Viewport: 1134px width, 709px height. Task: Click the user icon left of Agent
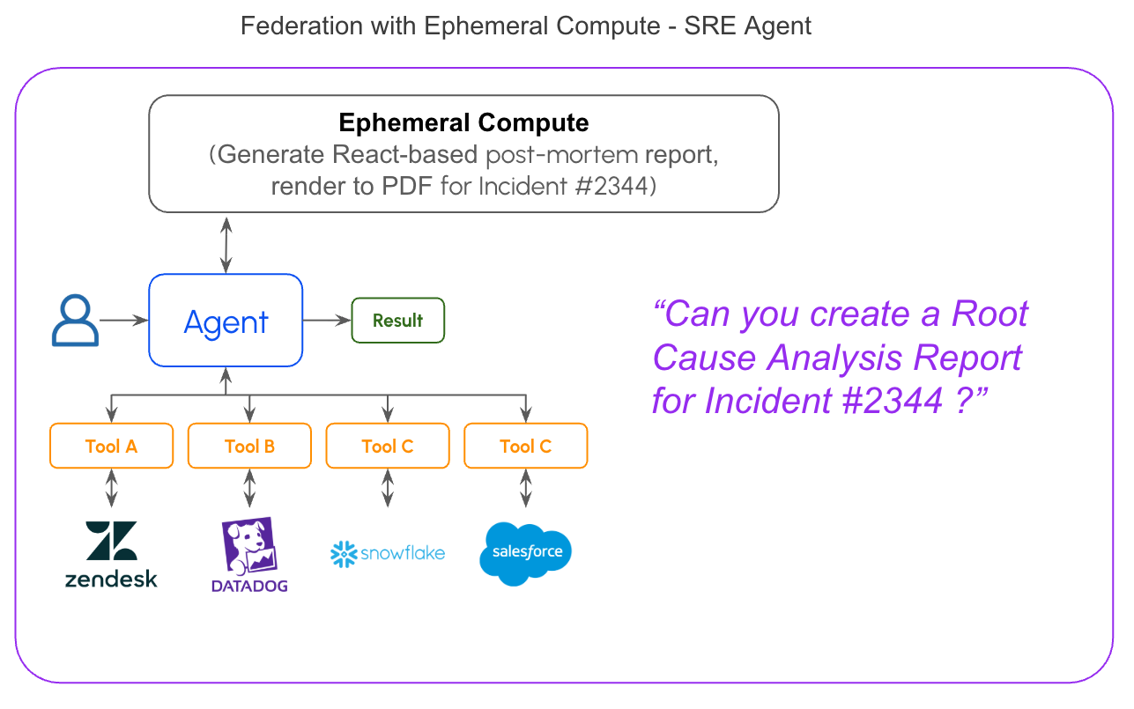[74, 321]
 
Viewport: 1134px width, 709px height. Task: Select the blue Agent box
[226, 321]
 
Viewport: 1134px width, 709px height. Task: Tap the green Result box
[397, 321]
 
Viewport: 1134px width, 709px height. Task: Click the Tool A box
[111, 446]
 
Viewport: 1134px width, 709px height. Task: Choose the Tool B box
[249, 446]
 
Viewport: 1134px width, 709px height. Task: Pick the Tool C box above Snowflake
[388, 446]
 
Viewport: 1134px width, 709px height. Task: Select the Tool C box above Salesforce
[525, 446]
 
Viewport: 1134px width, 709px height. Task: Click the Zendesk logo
[111, 554]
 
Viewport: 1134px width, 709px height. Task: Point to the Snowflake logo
[388, 553]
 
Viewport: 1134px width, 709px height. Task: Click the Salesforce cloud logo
[526, 553]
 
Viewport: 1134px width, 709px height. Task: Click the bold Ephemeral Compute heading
[463, 122]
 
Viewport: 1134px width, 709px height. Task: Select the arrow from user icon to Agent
[123, 321]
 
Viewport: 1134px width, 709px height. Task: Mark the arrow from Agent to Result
[327, 321]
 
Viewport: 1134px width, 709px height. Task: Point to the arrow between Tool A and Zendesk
[111, 488]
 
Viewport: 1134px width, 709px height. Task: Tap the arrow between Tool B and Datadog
[249, 488]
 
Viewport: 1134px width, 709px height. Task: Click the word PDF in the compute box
[409, 187]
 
